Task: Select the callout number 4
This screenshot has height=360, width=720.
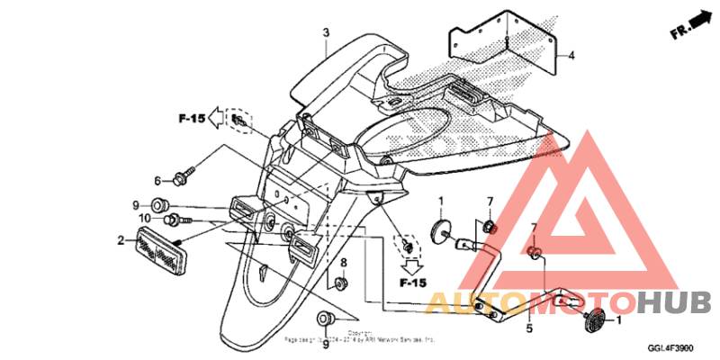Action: coord(570,55)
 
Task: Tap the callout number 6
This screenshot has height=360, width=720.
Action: coord(157,179)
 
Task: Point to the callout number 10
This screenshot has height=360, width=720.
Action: coord(145,218)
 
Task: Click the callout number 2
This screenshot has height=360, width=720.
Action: coord(120,240)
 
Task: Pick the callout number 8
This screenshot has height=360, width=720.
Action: coord(343,262)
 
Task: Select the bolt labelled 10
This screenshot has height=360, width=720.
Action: coord(172,218)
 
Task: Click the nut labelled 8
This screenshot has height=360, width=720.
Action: coord(341,284)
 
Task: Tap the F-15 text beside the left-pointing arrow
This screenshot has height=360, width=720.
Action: coord(189,118)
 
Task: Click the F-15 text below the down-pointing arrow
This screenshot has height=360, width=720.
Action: coord(412,283)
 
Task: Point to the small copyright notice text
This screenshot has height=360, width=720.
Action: coord(359,338)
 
